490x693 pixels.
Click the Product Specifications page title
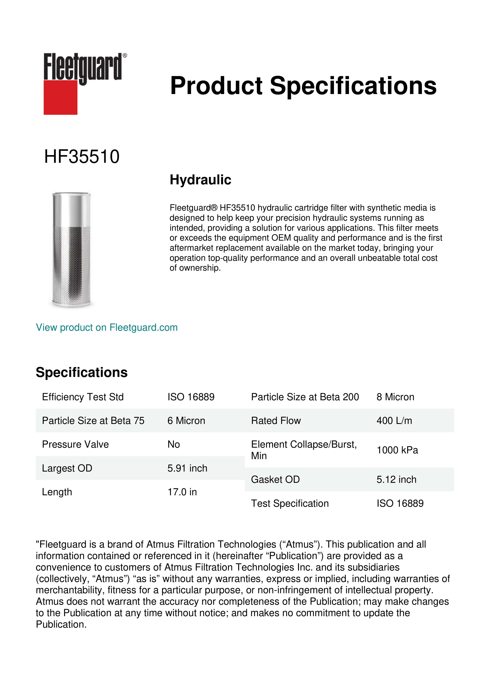click(303, 86)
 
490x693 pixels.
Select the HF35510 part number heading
click(82, 157)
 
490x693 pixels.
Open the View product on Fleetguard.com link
click(106, 328)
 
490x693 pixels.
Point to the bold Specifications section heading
click(81, 372)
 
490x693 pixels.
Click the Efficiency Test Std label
click(83, 397)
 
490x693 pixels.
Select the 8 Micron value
click(395, 397)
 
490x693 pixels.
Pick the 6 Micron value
click(186, 421)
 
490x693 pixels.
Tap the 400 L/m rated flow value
click(394, 421)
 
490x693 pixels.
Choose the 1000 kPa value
click(397, 450)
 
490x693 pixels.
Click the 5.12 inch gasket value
click(396, 480)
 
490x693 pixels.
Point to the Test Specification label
click(290, 503)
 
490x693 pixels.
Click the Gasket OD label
click(275, 480)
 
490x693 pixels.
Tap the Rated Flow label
click(276, 421)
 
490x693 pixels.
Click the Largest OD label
click(67, 468)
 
